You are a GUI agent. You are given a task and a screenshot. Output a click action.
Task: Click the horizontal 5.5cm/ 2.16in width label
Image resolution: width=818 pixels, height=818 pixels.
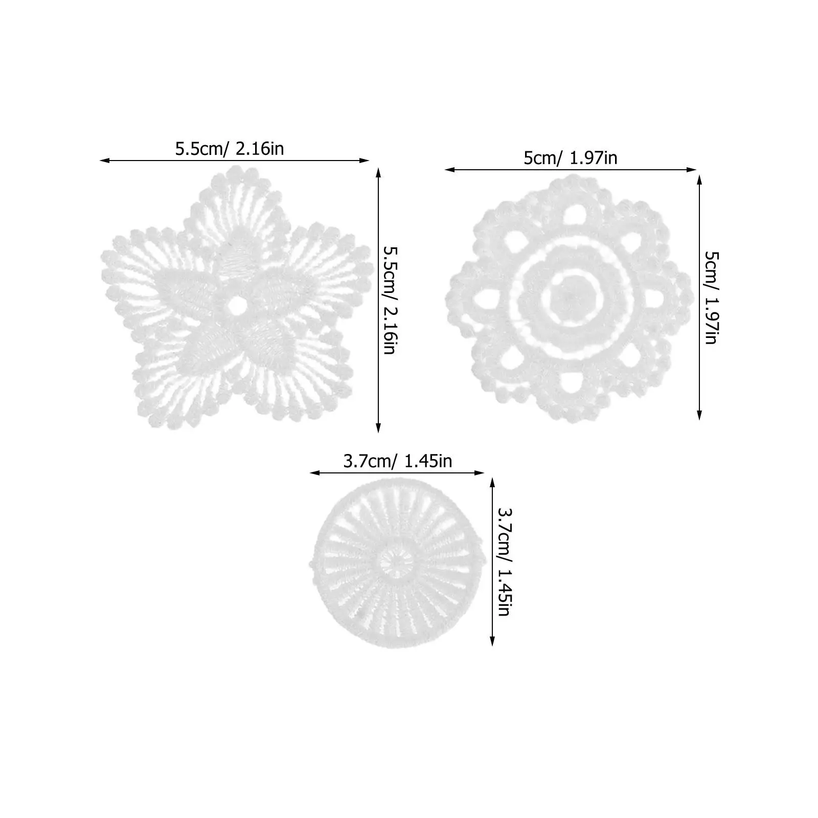click(230, 149)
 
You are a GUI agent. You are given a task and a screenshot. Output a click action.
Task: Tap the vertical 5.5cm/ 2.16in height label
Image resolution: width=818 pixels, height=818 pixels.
click(390, 301)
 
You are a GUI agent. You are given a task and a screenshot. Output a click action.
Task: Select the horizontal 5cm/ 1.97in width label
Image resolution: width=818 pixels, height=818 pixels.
click(570, 158)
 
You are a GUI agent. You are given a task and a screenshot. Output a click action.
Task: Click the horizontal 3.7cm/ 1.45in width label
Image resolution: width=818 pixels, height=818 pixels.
click(397, 461)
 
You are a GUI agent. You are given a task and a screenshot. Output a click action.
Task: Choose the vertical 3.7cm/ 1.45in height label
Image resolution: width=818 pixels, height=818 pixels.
click(504, 561)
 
